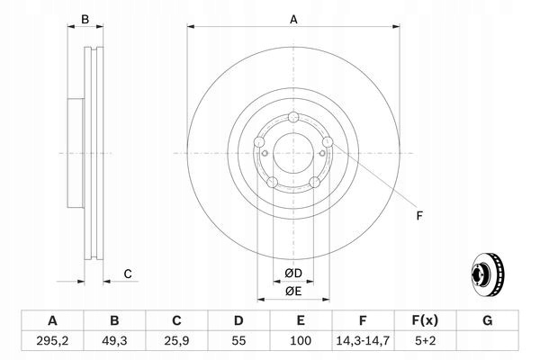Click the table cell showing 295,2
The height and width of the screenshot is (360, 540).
[x=52, y=341]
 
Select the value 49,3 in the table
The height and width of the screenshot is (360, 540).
[x=114, y=341]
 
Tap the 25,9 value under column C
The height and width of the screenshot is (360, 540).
[x=176, y=341]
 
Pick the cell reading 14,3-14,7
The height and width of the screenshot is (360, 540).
[x=363, y=341]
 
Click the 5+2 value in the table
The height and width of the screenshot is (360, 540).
[x=425, y=341]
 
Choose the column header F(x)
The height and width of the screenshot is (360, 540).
[x=425, y=320]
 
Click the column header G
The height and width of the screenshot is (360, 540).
[x=487, y=320]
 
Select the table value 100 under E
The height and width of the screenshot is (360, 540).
[x=301, y=341]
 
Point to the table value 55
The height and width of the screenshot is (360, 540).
[x=238, y=341]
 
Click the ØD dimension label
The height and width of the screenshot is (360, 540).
[x=293, y=274]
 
